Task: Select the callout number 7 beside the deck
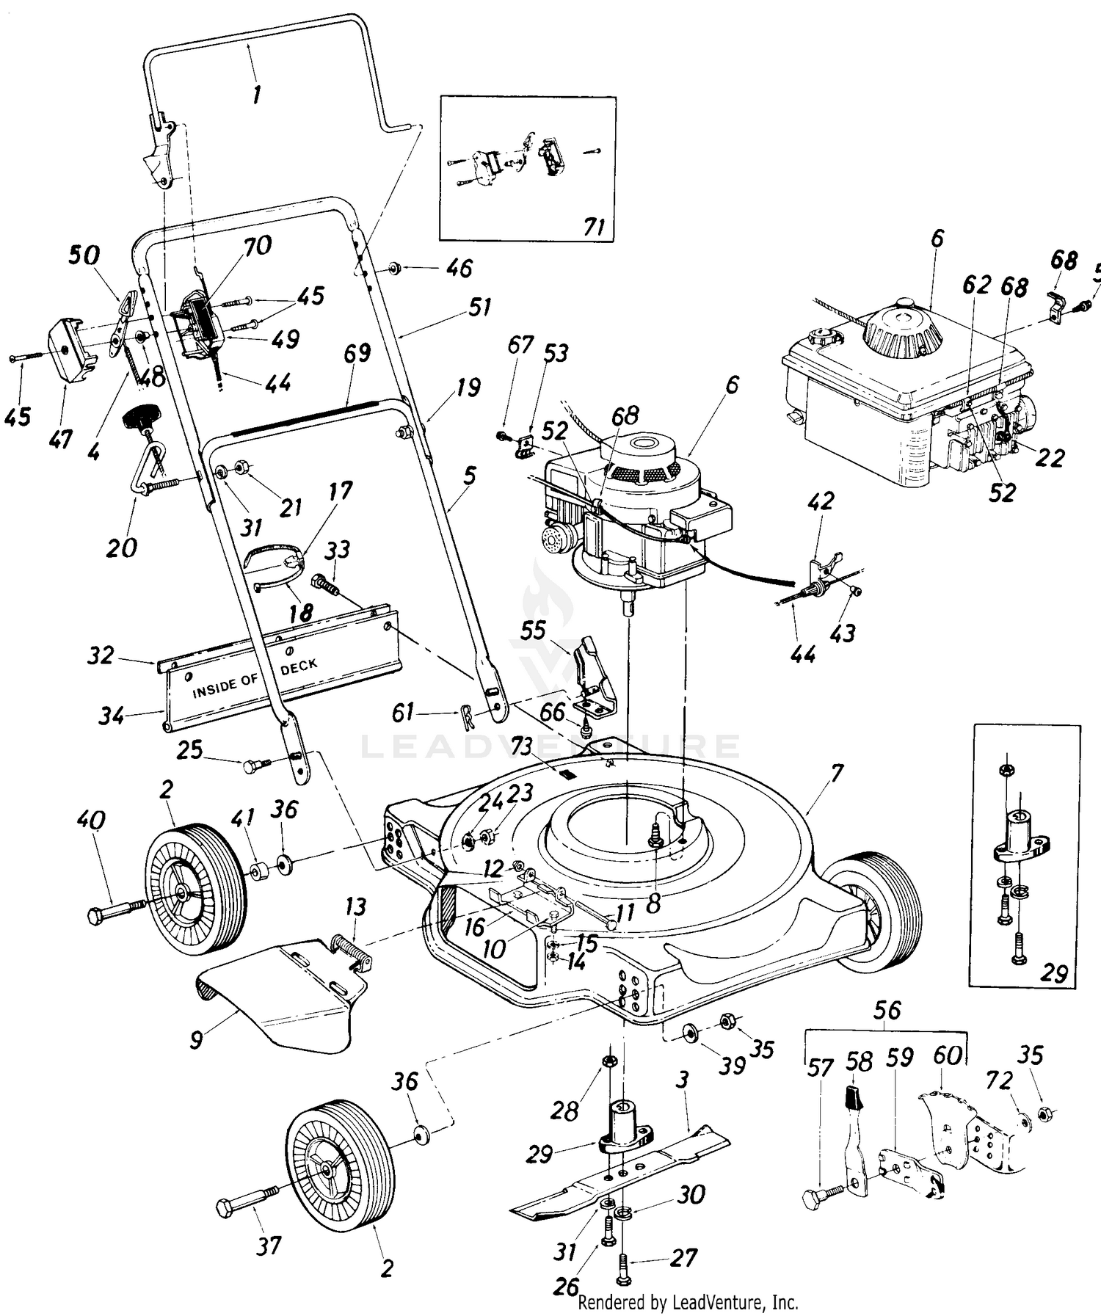tap(837, 773)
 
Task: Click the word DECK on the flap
tap(299, 666)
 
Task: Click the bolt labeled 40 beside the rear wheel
tap(117, 912)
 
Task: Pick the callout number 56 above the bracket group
tap(887, 1011)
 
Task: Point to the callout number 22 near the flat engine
tap(1049, 457)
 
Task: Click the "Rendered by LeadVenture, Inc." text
tap(688, 1303)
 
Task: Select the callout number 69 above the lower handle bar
tap(357, 354)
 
